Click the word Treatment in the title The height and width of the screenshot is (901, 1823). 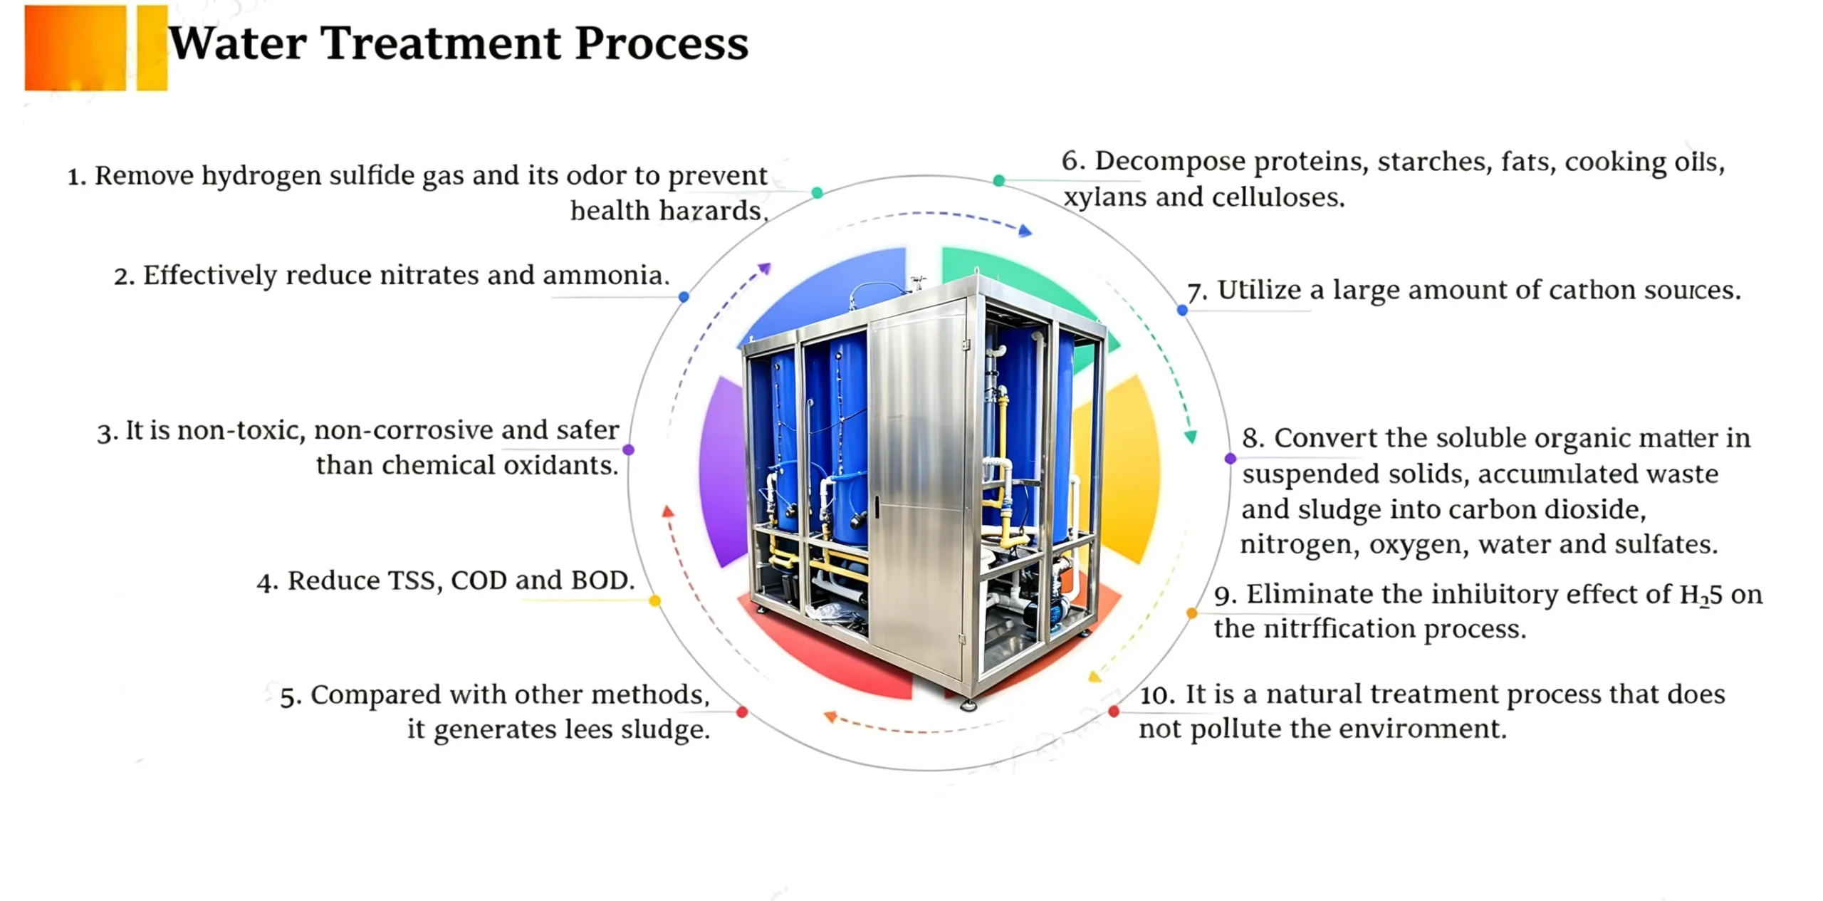[441, 43]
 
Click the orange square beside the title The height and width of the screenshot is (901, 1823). [75, 48]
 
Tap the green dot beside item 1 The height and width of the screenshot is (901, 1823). [818, 192]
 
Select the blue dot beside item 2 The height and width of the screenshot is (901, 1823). [684, 296]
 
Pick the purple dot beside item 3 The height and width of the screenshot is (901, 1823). [628, 449]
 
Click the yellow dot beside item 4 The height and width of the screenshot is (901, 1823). [654, 601]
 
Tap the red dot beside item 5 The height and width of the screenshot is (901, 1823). [742, 712]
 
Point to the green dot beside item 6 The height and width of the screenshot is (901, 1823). [999, 181]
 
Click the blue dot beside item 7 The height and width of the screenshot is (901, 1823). [1182, 310]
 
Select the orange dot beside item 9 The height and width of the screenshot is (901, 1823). [1191, 613]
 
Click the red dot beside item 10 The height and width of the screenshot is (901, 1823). [1114, 711]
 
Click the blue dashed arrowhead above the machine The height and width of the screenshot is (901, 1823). [1025, 230]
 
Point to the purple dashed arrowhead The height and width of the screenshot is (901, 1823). [764, 269]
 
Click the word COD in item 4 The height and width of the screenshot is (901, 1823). [479, 580]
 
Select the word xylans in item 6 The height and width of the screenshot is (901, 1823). [1105, 197]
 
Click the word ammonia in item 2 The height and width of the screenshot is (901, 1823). [606, 275]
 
